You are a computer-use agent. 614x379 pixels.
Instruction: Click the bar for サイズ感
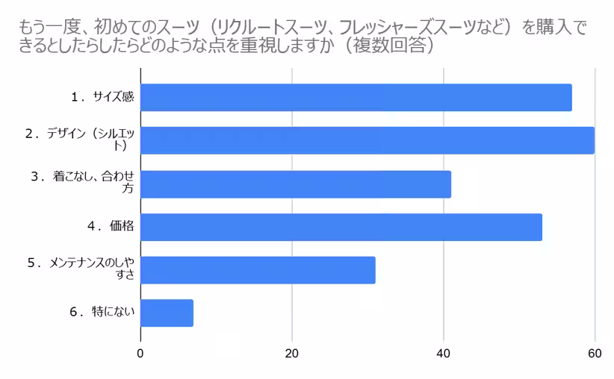click(x=356, y=98)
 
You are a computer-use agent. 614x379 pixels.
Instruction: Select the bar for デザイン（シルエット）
click(x=367, y=140)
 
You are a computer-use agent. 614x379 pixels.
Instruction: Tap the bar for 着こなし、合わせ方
click(x=295, y=184)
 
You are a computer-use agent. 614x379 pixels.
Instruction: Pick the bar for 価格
click(x=341, y=227)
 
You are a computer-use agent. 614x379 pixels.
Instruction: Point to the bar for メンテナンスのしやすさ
click(x=258, y=269)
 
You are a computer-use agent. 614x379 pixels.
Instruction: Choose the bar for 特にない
click(x=167, y=313)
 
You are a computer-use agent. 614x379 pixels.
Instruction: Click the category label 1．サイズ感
click(x=103, y=97)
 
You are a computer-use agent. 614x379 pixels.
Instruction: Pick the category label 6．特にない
click(x=102, y=313)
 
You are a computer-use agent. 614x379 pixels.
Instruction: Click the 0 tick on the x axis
click(x=140, y=353)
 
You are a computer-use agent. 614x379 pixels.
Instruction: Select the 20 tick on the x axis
click(x=292, y=353)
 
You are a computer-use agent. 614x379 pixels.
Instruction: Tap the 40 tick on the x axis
click(x=444, y=353)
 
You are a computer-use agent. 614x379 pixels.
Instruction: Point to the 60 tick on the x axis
click(x=595, y=353)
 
